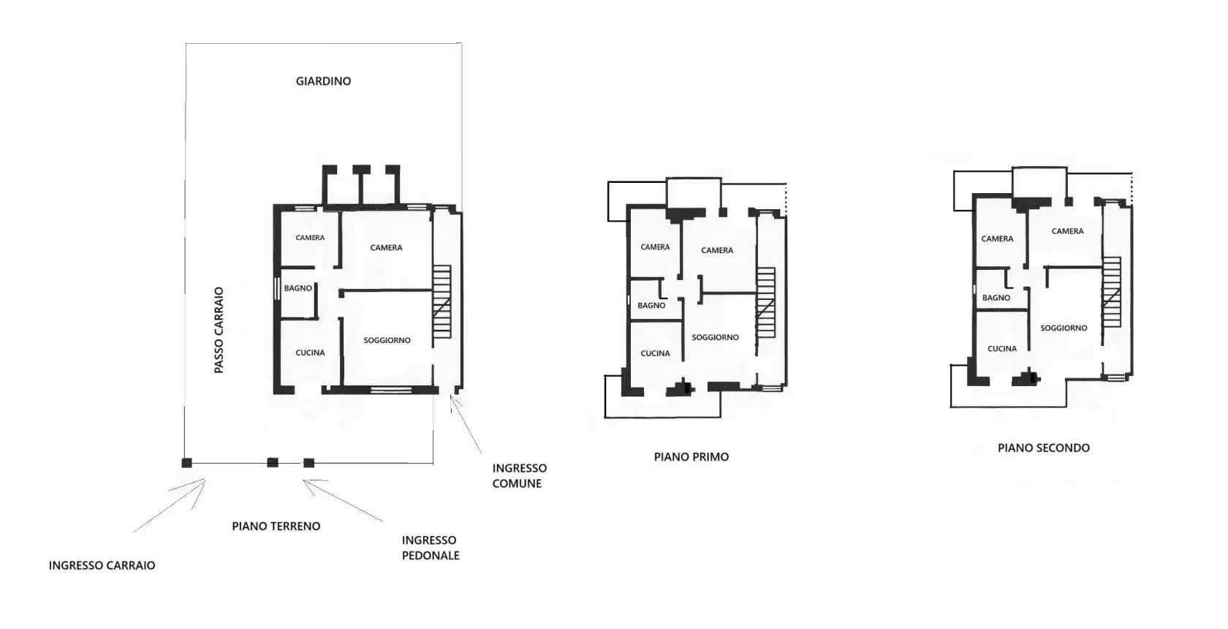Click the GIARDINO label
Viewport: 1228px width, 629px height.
323,81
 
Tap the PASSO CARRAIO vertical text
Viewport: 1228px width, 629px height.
219,330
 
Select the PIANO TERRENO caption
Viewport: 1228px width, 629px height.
276,527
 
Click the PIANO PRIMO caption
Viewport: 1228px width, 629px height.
691,457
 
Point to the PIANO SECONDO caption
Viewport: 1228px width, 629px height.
1044,448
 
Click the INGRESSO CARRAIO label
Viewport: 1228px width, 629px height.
102,565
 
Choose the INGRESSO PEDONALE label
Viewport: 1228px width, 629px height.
431,548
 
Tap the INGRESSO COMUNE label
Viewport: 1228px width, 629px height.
519,476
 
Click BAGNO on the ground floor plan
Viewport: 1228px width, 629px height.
297,288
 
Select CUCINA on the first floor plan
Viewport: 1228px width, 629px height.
655,354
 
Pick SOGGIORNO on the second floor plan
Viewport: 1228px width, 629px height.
1064,328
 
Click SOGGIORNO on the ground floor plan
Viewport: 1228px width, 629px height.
387,341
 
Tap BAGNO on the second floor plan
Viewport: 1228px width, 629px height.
996,298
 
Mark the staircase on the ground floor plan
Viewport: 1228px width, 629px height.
441,302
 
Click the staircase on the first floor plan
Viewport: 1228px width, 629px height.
766,303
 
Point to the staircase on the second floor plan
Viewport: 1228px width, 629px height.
1111,292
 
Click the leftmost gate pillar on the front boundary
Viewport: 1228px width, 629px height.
186,463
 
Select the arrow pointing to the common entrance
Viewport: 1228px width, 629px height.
466,424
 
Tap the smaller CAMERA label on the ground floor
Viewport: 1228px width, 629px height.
310,238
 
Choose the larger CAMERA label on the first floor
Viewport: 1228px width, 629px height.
717,251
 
